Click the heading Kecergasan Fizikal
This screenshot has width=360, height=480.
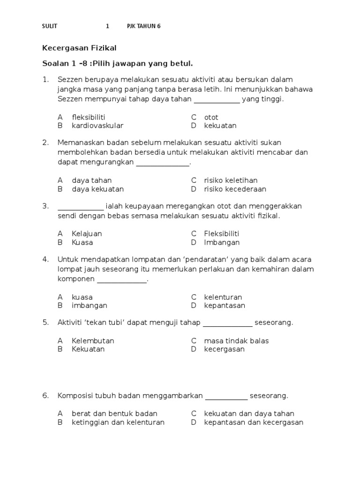(x=79, y=48)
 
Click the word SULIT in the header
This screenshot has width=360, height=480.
(x=50, y=26)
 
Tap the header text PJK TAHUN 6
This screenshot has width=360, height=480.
(x=143, y=26)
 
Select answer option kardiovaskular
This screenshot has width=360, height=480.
(x=97, y=126)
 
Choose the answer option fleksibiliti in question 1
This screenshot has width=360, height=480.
(x=88, y=117)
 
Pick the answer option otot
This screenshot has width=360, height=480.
(x=211, y=117)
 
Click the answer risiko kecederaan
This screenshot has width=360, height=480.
(x=235, y=189)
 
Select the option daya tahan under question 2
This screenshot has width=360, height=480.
(x=91, y=180)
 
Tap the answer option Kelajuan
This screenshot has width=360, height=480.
(x=87, y=233)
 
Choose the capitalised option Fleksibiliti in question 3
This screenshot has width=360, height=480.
(x=222, y=233)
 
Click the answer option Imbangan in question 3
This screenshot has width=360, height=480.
(x=222, y=242)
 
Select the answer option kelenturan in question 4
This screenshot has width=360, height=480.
(x=223, y=297)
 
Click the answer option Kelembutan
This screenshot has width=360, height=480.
(x=93, y=341)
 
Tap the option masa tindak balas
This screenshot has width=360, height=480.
(x=236, y=341)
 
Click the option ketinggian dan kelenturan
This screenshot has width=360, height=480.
(x=118, y=422)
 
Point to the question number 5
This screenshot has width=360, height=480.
(x=45, y=322)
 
